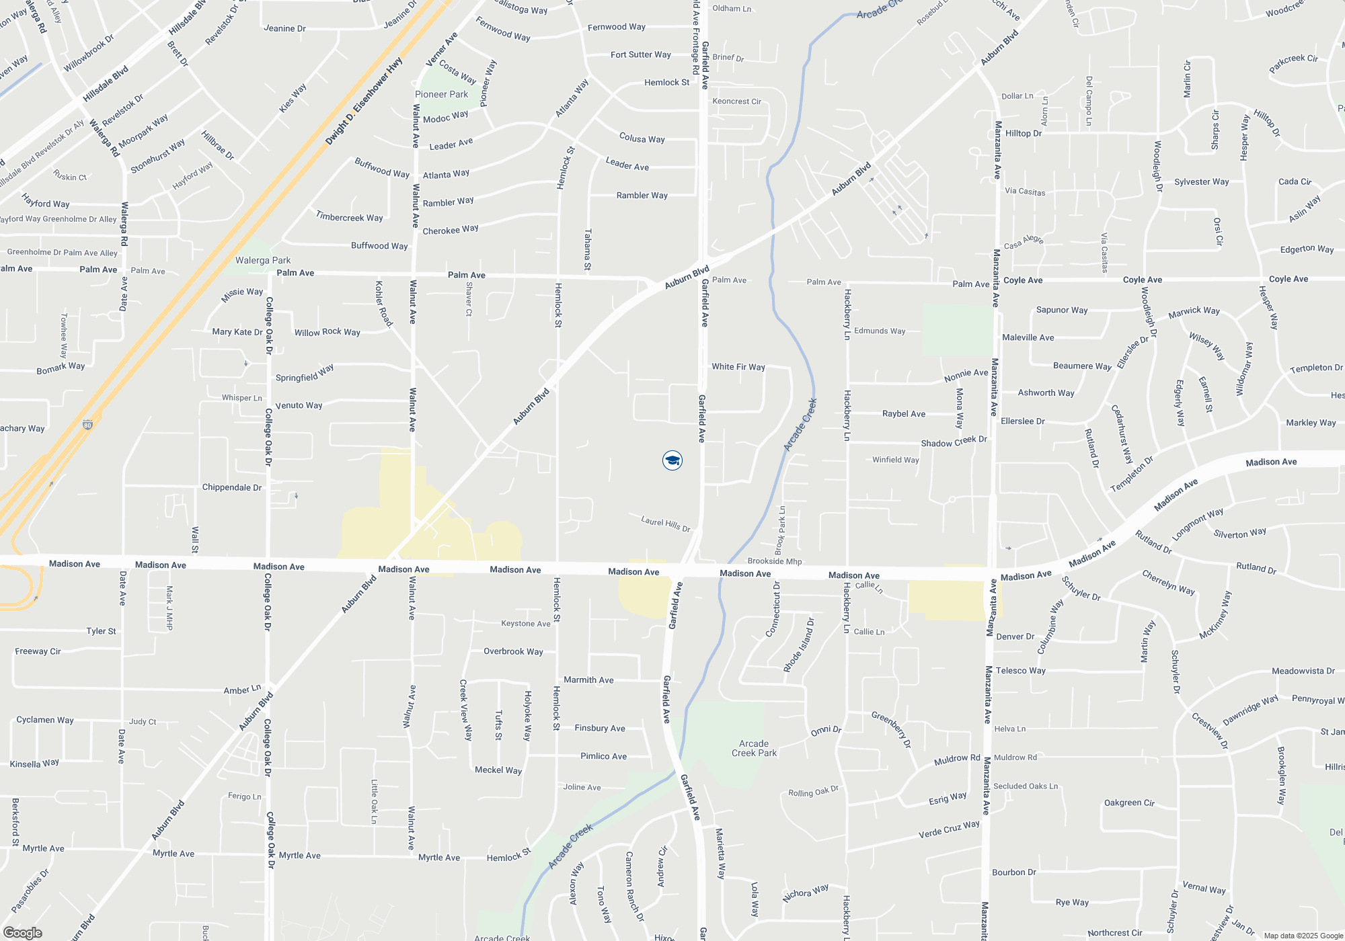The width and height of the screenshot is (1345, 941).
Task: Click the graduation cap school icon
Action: [x=672, y=460]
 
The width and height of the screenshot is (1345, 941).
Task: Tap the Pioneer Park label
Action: [x=441, y=95]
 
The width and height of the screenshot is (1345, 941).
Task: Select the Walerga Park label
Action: [x=263, y=260]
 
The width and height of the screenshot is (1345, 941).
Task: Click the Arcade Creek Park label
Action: [x=754, y=748]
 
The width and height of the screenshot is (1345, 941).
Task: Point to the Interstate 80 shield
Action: [x=87, y=425]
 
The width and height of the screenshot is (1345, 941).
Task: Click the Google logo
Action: [x=22, y=933]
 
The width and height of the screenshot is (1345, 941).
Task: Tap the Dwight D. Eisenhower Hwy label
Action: [x=364, y=101]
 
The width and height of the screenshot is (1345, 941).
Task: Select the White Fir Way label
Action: [x=738, y=367]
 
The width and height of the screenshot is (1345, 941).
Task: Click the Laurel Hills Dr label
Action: [x=666, y=524]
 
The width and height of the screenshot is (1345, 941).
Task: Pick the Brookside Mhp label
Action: [x=775, y=561]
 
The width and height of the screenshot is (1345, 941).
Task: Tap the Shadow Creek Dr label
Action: [x=954, y=442]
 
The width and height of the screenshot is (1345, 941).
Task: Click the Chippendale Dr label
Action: [x=232, y=487]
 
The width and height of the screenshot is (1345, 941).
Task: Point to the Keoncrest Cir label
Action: [x=736, y=101]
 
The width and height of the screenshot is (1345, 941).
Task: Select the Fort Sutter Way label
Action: [x=640, y=55]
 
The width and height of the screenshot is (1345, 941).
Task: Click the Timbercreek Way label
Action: [x=349, y=217]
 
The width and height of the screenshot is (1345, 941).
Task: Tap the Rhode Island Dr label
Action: [x=799, y=645]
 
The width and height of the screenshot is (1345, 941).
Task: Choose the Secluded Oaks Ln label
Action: [x=1026, y=786]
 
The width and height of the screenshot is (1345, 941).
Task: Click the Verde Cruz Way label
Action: [x=949, y=829]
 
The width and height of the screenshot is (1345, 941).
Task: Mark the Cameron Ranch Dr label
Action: [x=634, y=887]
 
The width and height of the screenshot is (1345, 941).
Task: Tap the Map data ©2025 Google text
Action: [x=1303, y=936]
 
